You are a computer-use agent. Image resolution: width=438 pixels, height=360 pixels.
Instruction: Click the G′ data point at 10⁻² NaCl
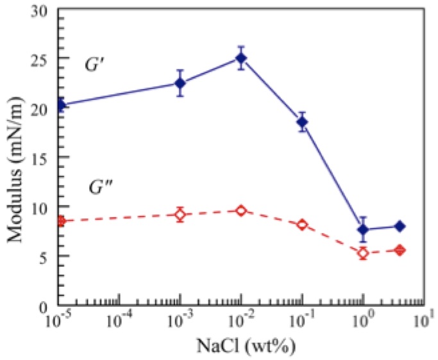(241, 58)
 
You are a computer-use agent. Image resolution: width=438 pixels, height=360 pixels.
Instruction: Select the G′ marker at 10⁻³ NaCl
(180, 83)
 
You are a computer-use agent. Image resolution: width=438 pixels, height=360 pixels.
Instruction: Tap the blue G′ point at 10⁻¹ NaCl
(302, 122)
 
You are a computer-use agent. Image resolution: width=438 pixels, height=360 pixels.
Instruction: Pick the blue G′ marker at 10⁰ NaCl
(363, 230)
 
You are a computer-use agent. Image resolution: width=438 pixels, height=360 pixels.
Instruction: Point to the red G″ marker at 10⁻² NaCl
(241, 211)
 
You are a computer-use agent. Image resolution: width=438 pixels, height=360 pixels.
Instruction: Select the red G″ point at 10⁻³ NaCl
(180, 215)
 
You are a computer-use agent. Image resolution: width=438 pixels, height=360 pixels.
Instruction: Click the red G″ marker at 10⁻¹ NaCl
(302, 225)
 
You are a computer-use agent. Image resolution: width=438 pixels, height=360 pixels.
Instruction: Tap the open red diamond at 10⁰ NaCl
(363, 253)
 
